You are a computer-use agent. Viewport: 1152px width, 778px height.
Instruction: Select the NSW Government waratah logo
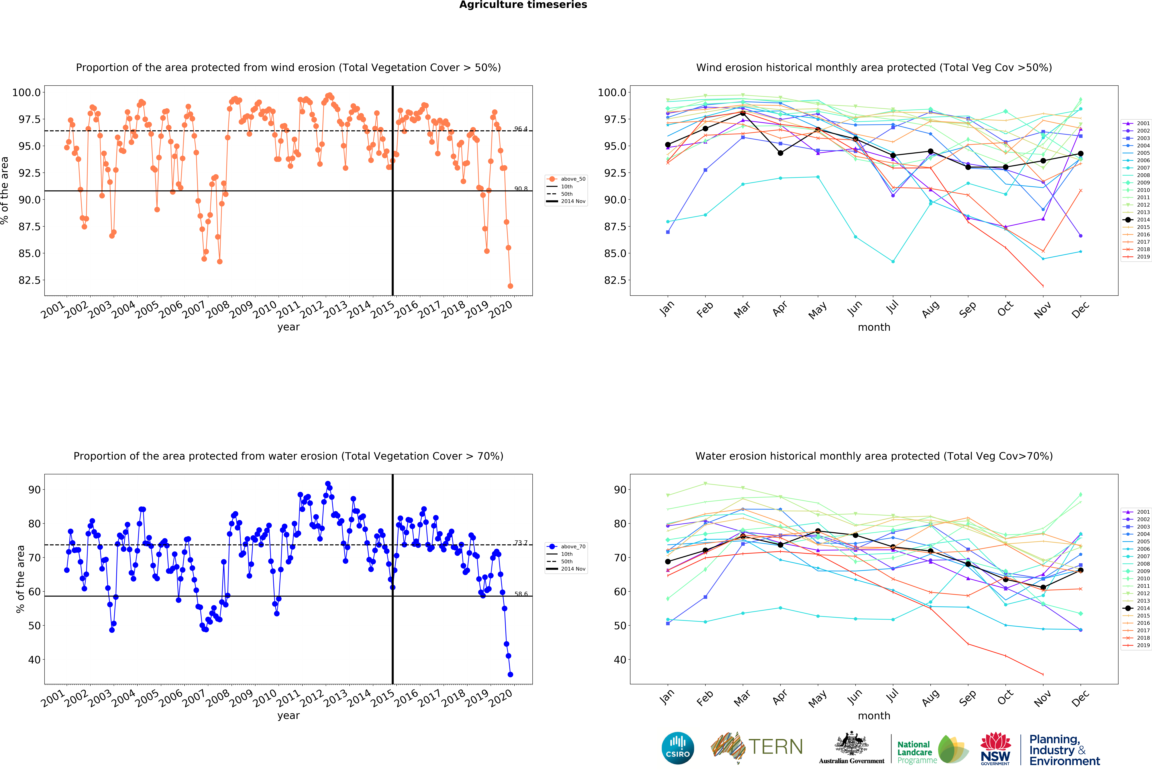point(995,748)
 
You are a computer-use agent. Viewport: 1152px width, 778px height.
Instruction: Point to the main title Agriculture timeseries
point(523,5)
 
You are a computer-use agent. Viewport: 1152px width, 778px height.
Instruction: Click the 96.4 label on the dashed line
point(520,129)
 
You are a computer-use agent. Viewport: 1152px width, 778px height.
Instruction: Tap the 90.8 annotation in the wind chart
point(520,189)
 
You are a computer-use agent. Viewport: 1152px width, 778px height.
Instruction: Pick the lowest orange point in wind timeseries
point(510,286)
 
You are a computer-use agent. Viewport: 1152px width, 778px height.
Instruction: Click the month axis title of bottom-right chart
point(874,716)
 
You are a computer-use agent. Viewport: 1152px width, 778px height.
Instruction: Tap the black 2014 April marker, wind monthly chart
point(780,153)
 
